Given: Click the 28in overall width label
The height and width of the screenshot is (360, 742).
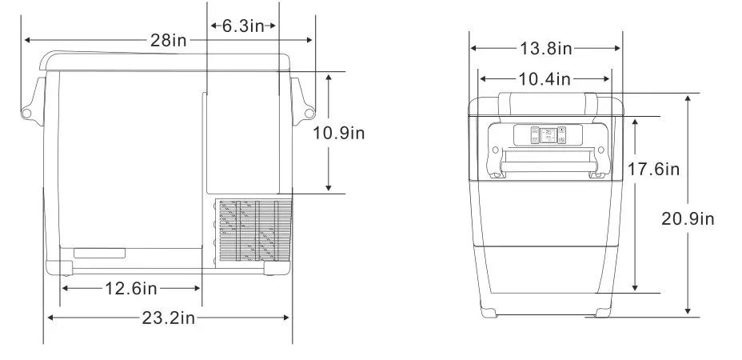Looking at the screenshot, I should (x=168, y=39).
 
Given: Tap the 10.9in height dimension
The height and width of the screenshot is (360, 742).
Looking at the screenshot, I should (x=338, y=133).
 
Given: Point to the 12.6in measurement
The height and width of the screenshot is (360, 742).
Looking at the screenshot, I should (x=130, y=288).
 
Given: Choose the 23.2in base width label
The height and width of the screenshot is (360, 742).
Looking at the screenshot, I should (x=169, y=318).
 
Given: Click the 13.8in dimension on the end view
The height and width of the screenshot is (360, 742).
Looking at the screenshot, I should (x=545, y=49).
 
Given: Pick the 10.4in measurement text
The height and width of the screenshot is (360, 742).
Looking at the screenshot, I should (x=545, y=78).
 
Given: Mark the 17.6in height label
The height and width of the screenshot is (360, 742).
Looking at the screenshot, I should (x=653, y=169).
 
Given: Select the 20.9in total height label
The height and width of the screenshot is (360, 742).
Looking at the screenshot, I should (x=688, y=218).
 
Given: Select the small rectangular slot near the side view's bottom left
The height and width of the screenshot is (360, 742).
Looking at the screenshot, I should (x=99, y=254).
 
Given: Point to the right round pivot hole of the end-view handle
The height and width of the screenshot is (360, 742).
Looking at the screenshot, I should (x=596, y=150).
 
